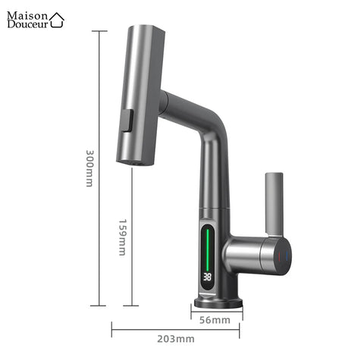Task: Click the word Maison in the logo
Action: pos(28,14)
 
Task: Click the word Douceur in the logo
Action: pos(27,24)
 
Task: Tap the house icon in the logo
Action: pos(58,20)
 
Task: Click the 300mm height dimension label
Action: pos(89,168)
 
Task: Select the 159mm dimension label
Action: pos(122,236)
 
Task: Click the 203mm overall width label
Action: pos(175,337)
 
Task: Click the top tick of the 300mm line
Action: pos(99,32)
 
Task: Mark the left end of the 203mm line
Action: pos(112,329)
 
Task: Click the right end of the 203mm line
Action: pos(240,329)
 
